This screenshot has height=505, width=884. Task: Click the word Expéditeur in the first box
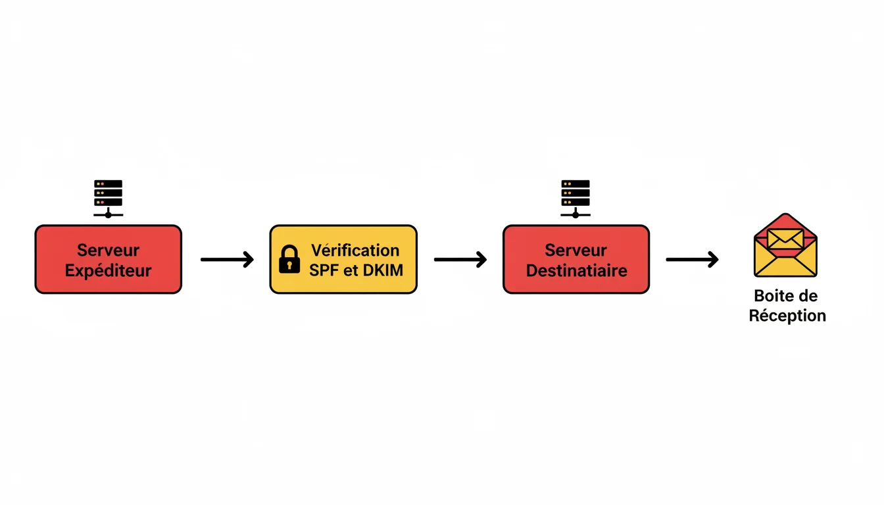tap(108, 270)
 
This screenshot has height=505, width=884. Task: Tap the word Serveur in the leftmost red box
tap(108, 250)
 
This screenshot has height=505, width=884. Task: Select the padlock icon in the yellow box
tap(289, 259)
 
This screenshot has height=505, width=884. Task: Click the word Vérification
tap(355, 250)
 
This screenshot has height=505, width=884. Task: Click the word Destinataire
tap(576, 270)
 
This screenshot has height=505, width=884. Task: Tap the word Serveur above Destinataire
tap(576, 250)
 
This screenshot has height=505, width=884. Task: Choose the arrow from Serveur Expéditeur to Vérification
tap(227, 260)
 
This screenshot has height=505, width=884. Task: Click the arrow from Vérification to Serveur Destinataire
tap(460, 260)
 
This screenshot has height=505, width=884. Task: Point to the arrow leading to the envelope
tap(692, 260)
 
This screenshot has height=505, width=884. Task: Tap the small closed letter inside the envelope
tap(785, 238)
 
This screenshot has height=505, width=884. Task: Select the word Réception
tap(787, 316)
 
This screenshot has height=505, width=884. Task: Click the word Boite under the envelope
tap(770, 296)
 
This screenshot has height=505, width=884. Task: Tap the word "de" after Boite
tap(808, 296)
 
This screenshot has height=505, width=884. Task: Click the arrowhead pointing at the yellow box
tap(249, 260)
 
